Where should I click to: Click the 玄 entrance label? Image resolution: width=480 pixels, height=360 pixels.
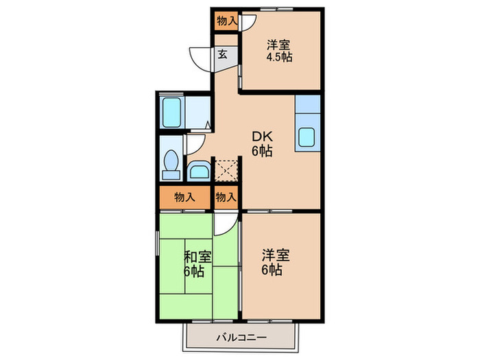[223, 56]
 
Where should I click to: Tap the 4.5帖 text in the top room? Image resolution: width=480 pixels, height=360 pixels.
[279, 57]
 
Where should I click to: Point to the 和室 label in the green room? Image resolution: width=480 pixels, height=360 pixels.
[197, 257]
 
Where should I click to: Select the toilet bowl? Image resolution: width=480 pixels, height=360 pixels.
[171, 165]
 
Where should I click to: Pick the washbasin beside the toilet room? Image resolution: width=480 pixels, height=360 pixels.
[200, 170]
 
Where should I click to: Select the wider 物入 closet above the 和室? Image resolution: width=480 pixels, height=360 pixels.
[184, 197]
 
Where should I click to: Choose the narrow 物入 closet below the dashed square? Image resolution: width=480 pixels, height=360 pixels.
[226, 197]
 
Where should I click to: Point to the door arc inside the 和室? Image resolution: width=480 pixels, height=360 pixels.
[224, 224]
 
